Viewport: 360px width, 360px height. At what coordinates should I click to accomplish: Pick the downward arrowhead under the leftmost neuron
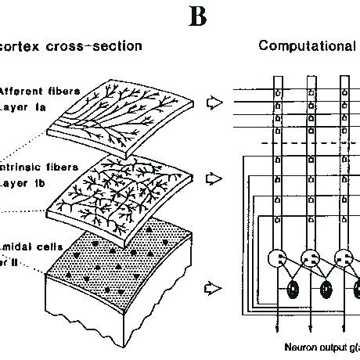(279, 327)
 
